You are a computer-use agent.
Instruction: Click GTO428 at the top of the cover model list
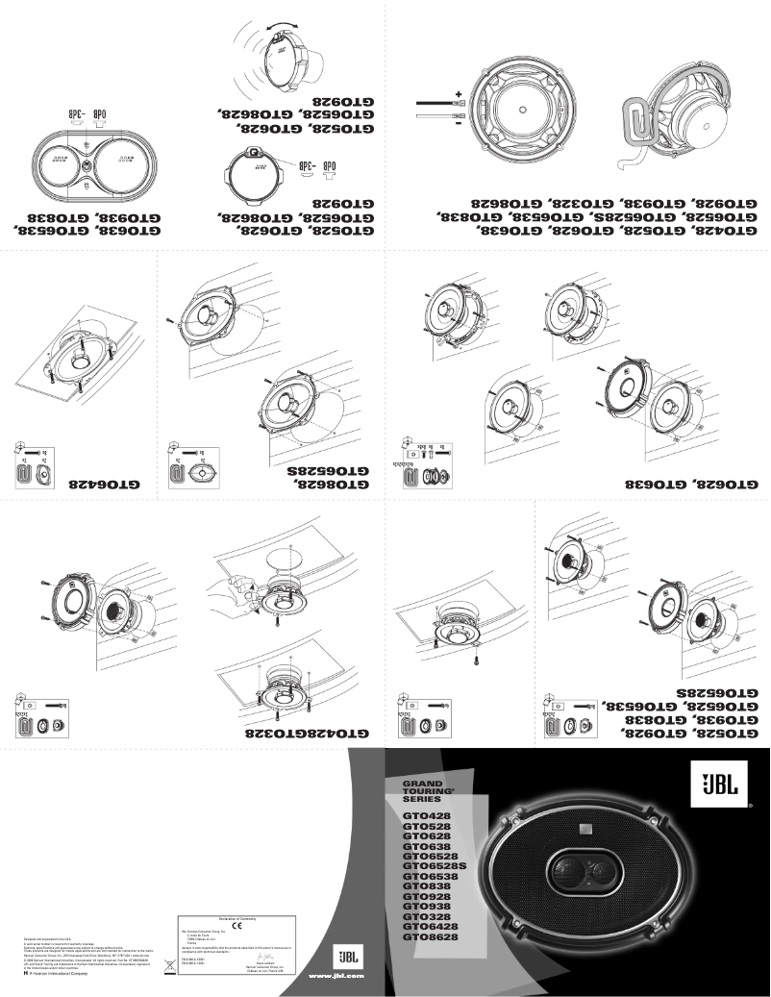click(x=423, y=816)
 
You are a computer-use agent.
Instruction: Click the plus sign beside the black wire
click(x=459, y=94)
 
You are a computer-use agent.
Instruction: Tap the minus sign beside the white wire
click(x=459, y=122)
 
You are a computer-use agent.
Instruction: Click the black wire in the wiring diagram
click(x=433, y=102)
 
